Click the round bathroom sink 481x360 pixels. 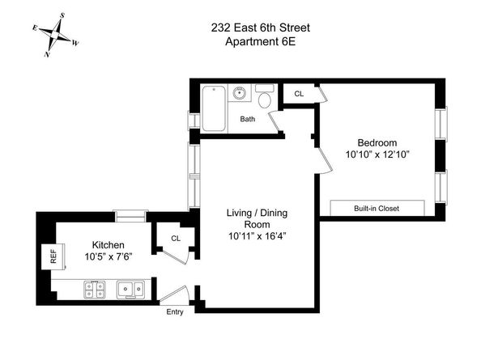(239, 95)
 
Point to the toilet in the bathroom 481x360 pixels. (265, 100)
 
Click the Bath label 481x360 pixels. (247, 120)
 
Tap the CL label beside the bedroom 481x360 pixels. (299, 94)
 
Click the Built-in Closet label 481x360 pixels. (377, 209)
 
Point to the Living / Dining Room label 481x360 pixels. (258, 218)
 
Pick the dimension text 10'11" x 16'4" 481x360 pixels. (258, 236)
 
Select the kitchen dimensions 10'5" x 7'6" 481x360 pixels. (108, 256)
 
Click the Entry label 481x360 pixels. (175, 311)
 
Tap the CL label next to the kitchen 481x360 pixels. (175, 238)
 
